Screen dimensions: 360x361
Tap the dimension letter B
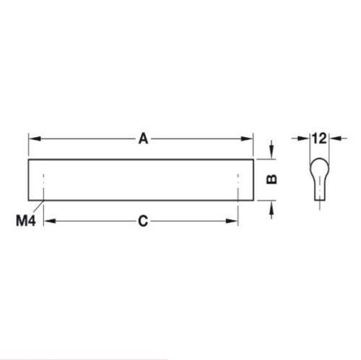pyautogui.click(x=272, y=178)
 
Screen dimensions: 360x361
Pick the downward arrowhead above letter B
pyautogui.click(x=271, y=154)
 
